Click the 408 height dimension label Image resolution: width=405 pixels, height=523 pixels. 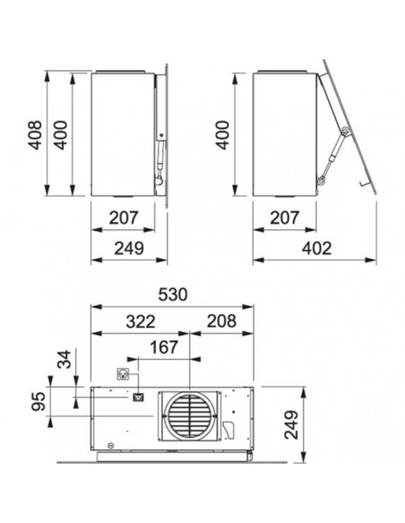35,134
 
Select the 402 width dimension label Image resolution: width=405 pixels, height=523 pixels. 316,248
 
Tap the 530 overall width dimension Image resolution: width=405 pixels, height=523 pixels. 173,295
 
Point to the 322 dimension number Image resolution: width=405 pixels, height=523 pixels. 141,322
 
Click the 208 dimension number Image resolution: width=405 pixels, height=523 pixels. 221,322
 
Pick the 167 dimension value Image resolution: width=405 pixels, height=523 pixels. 164,347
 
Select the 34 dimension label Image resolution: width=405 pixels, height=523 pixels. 65,359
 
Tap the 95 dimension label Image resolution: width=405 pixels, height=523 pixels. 38,401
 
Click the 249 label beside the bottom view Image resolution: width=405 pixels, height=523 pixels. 291,424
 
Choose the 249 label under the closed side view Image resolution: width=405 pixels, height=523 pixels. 129,248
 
